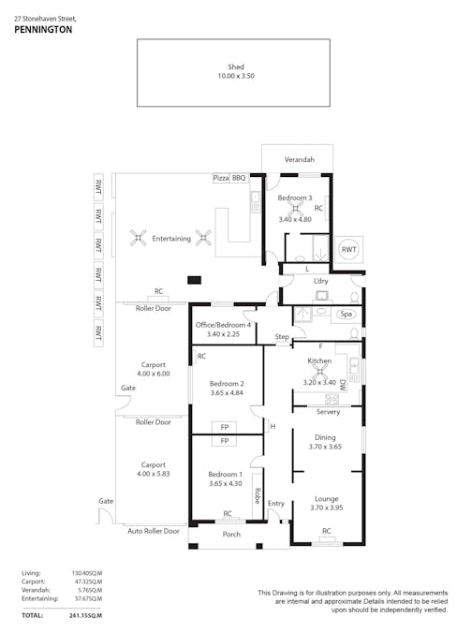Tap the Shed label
pyautogui.click(x=235, y=66)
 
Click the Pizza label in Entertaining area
pyautogui.click(x=221, y=177)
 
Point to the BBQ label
pyautogui.click(x=239, y=177)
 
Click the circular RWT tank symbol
pyautogui.click(x=348, y=250)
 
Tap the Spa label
pyautogui.click(x=347, y=314)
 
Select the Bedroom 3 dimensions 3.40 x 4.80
pyautogui.click(x=294, y=219)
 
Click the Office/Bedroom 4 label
pyautogui.click(x=222, y=324)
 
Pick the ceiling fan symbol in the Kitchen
pyautogui.click(x=318, y=369)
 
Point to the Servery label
pyautogui.click(x=328, y=412)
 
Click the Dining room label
pyautogui.click(x=324, y=437)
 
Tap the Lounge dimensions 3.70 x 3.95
pyautogui.click(x=326, y=508)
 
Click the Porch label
pyautogui.click(x=231, y=535)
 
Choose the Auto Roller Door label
pyautogui.click(x=153, y=531)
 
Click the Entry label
pyautogui.click(x=275, y=504)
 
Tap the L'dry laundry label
pyautogui.click(x=321, y=281)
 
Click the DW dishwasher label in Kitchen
pyautogui.click(x=343, y=384)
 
